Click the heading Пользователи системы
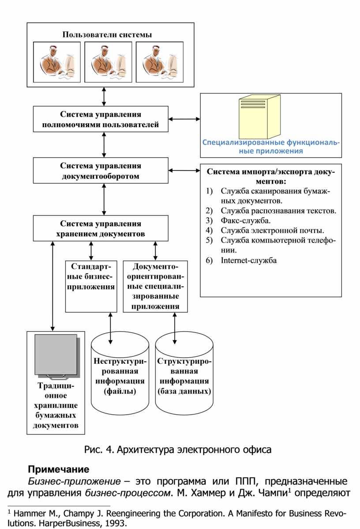[107, 34]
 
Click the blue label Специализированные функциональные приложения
[271, 147]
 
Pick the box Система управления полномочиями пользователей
[101, 119]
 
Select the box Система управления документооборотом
[101, 171]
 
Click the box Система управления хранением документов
[101, 228]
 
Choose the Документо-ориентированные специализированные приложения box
[155, 286]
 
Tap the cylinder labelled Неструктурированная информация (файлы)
[120, 375]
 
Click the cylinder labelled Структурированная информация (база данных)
[184, 375]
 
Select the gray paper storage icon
[56, 357]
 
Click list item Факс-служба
[246, 220]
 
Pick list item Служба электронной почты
[272, 230]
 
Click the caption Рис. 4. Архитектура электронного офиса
[178, 450]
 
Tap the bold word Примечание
[59, 469]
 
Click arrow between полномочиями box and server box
[184, 119]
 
